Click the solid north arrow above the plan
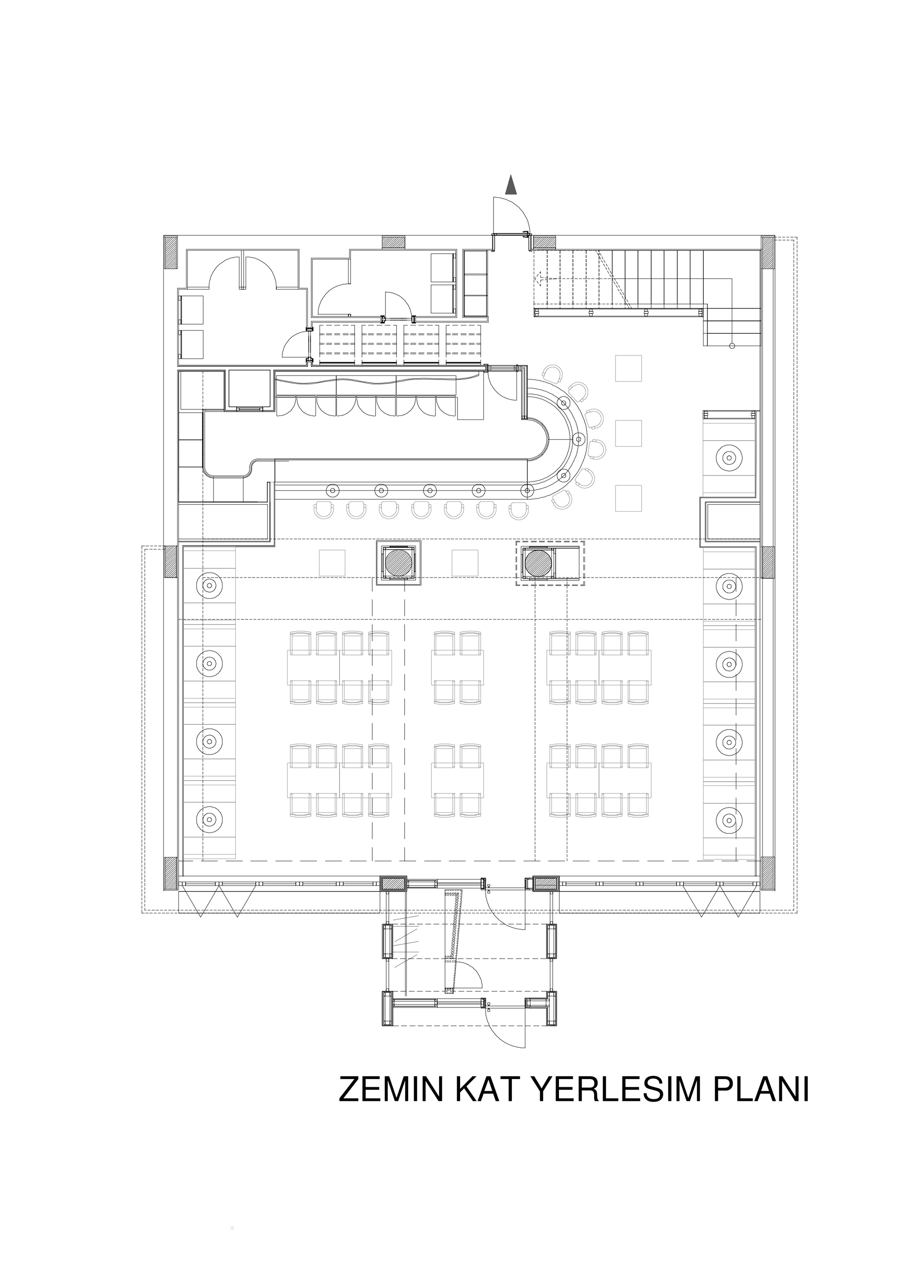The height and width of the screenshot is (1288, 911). tap(511, 185)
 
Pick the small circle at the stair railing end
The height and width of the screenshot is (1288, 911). tap(732, 345)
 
